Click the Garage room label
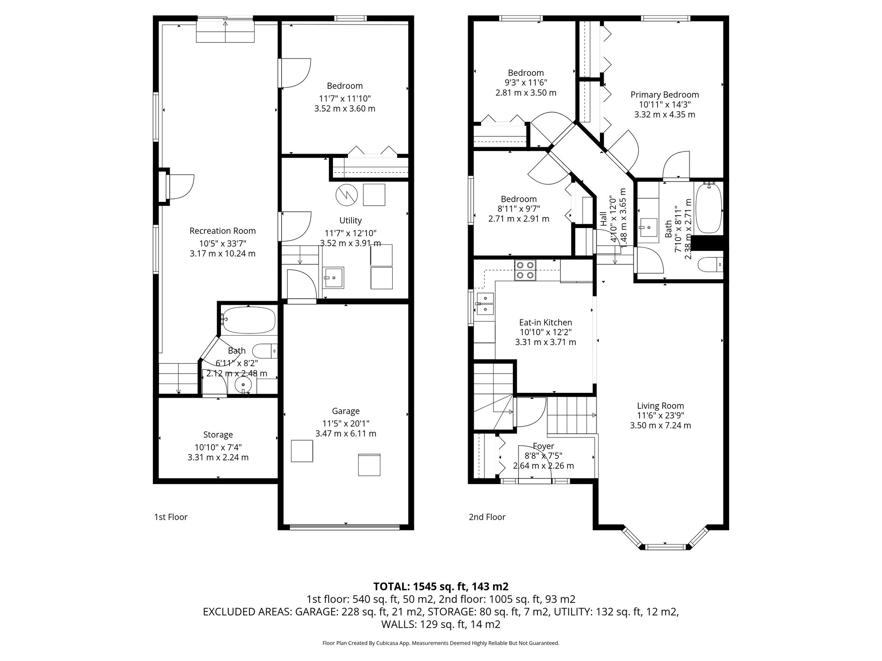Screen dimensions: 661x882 [345, 411]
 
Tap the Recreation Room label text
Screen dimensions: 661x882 [222, 231]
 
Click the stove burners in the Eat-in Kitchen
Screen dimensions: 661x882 [525, 271]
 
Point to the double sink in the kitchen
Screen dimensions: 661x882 [485, 303]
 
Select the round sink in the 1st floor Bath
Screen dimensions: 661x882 [243, 384]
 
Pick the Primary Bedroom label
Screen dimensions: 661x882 [665, 95]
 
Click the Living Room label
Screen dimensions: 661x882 [660, 406]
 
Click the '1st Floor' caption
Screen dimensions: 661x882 [171, 517]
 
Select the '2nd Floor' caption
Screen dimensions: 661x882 [487, 517]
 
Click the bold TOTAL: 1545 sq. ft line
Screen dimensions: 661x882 [441, 587]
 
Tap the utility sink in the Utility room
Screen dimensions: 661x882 [334, 278]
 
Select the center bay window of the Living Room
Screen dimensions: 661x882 [665, 547]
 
